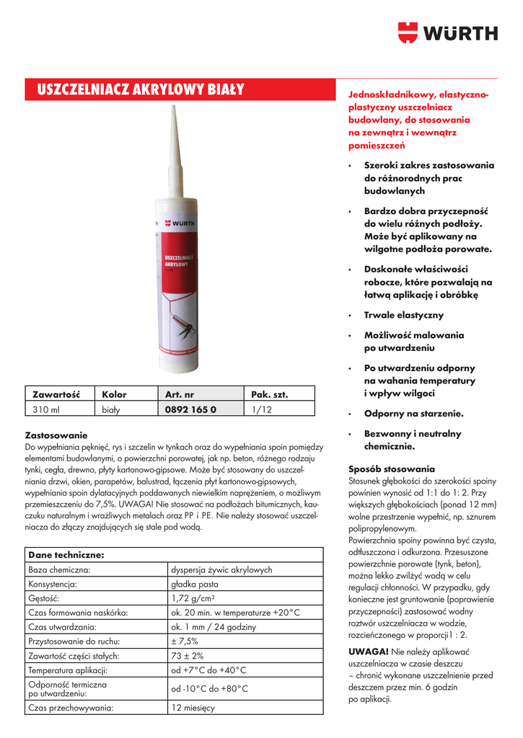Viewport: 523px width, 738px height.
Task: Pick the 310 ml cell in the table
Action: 45,409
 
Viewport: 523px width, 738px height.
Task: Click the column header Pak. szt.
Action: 270,394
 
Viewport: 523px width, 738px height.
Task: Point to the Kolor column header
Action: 114,394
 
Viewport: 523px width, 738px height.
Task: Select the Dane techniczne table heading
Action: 66,555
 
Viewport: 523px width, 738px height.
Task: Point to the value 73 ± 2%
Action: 188,655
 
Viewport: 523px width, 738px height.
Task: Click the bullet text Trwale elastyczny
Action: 404,315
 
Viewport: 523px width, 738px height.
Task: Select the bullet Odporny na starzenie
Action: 413,414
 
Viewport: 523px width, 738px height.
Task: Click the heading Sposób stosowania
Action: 392,468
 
